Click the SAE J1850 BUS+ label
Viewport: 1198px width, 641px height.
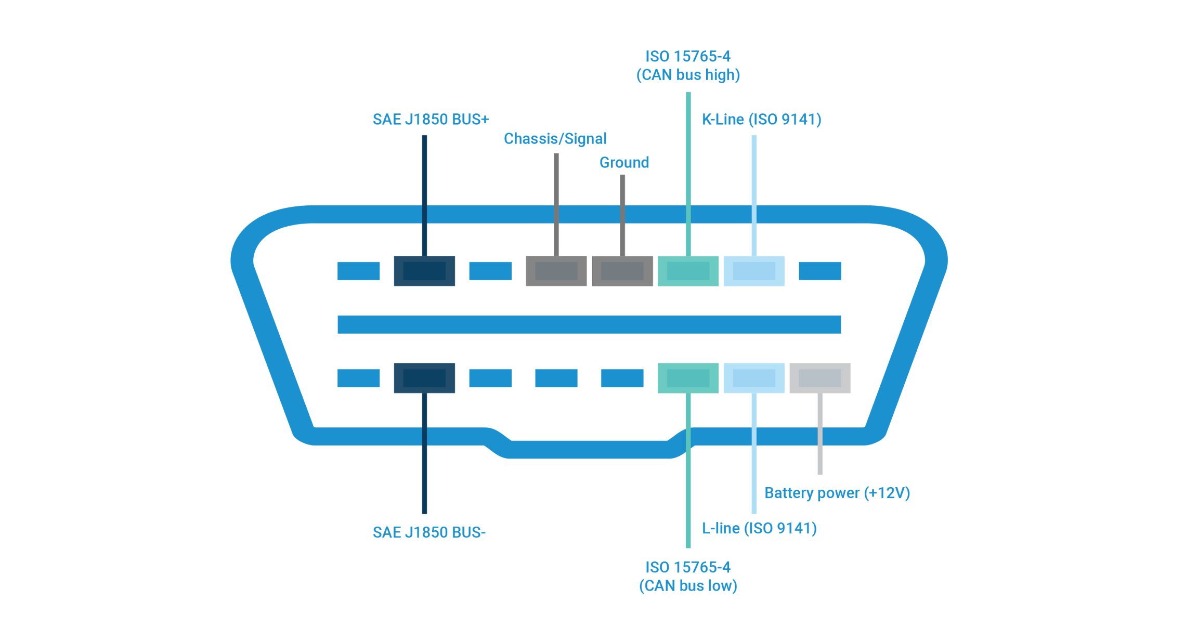click(431, 120)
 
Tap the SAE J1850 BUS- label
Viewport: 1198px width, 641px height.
click(429, 532)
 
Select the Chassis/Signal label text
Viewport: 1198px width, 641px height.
click(555, 139)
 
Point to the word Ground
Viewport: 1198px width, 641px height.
click(624, 163)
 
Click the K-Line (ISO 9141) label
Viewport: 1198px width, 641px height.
click(761, 120)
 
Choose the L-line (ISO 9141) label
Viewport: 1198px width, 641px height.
click(759, 529)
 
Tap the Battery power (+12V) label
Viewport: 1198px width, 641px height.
click(837, 493)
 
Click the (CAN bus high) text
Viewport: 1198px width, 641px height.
click(688, 75)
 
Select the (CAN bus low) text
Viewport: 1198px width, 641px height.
click(688, 586)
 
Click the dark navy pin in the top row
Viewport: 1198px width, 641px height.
click(424, 271)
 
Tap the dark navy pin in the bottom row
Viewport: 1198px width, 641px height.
click(424, 378)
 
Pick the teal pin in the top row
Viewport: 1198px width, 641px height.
click(688, 271)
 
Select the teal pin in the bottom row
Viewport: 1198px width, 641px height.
click(688, 378)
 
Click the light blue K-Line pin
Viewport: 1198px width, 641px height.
click(754, 271)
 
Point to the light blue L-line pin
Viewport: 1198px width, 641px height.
click(754, 378)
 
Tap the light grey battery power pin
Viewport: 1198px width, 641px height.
click(820, 378)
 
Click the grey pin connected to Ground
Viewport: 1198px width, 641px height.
click(622, 271)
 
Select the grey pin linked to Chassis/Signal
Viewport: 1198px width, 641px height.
click(556, 271)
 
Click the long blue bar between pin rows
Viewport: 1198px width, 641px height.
click(589, 324)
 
